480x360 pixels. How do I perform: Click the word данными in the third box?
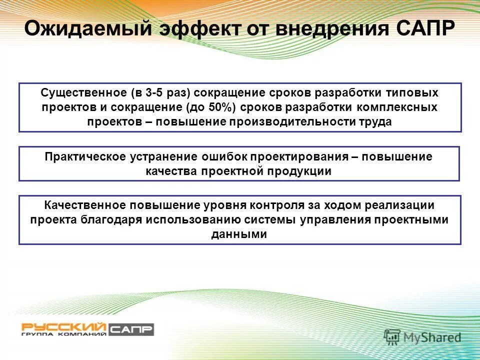pos(239,233)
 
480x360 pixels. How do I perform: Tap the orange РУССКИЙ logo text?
pos(63,326)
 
